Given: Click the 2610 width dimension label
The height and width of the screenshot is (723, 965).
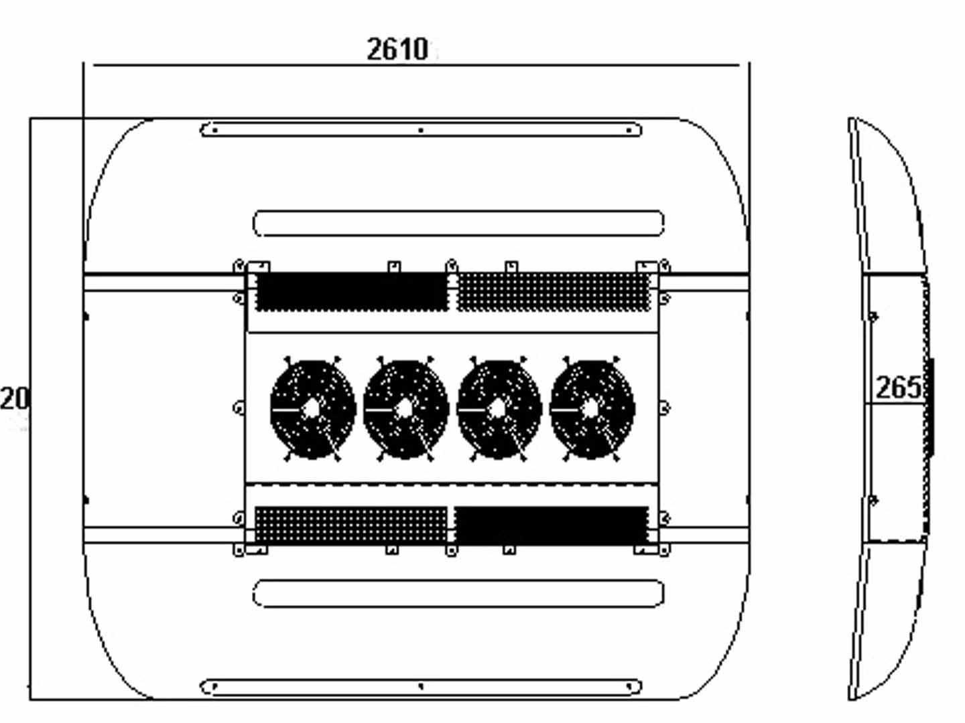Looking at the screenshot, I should (x=397, y=49).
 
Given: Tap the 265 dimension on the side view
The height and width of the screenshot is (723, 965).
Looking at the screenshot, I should (x=898, y=387).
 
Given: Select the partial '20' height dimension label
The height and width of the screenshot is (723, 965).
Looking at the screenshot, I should (x=15, y=398).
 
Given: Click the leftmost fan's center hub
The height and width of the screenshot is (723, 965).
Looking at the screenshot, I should (x=312, y=408).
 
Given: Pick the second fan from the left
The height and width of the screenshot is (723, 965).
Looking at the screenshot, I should (x=405, y=409).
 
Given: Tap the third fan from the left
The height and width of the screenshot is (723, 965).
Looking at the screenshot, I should (x=499, y=409).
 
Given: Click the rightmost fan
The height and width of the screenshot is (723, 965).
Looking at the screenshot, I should (x=592, y=409).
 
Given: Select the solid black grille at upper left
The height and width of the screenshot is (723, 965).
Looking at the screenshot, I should (x=351, y=292).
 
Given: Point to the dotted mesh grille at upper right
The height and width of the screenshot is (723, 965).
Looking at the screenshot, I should (x=554, y=292).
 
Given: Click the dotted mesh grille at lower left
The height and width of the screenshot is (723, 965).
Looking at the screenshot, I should (x=350, y=525).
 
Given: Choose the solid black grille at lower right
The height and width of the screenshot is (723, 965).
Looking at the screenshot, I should (x=552, y=525).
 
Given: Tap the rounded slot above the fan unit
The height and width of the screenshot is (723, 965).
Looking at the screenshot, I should (x=458, y=224).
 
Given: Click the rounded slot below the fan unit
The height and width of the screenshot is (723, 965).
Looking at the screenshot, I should (x=458, y=594).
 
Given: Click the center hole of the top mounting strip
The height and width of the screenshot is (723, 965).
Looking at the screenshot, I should (x=421, y=130).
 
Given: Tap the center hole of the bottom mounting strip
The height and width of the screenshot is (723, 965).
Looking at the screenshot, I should (x=421, y=686).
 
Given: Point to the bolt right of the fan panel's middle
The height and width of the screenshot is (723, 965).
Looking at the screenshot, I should (x=664, y=407).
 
